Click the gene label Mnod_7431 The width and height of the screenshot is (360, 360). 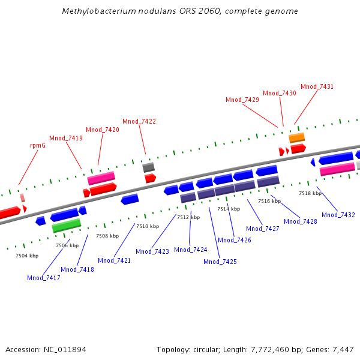(317, 86)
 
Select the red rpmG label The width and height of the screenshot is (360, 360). (38, 145)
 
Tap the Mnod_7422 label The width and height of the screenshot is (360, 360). (139, 121)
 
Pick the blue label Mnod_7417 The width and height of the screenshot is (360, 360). (44, 278)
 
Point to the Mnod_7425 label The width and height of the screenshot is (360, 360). (220, 262)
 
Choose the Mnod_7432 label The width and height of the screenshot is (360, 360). (338, 215)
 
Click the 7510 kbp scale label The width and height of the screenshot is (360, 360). (148, 226)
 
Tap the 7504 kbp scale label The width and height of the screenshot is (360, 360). (27, 256)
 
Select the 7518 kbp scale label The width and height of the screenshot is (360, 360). (310, 193)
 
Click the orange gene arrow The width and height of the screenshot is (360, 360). (297, 138)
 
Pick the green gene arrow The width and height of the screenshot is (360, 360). (66, 226)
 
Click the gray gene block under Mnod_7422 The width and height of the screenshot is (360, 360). (149, 167)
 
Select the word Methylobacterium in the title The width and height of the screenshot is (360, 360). (95, 11)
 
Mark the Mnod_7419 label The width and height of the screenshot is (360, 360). (66, 138)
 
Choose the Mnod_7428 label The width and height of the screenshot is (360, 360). (301, 221)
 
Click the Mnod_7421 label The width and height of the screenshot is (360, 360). (115, 260)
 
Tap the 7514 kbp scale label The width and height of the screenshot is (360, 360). (229, 209)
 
